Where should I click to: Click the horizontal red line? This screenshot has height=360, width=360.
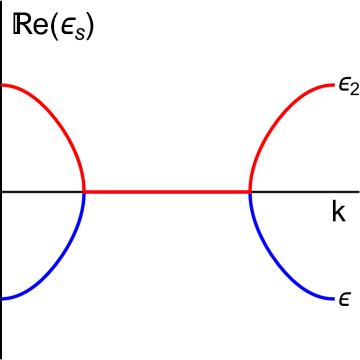[166, 191]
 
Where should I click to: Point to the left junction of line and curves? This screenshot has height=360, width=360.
[84, 191]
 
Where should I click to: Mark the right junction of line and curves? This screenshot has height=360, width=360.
[249, 191]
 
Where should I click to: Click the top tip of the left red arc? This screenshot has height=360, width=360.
[4, 86]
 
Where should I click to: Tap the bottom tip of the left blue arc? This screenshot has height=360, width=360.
[4, 298]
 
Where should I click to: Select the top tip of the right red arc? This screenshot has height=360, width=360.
[332, 86]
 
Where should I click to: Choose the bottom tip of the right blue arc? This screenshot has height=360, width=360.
[332, 298]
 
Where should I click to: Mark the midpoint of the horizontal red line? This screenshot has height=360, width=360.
[166, 191]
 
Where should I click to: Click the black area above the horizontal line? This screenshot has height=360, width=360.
[166, 100]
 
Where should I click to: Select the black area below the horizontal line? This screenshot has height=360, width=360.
[166, 280]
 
